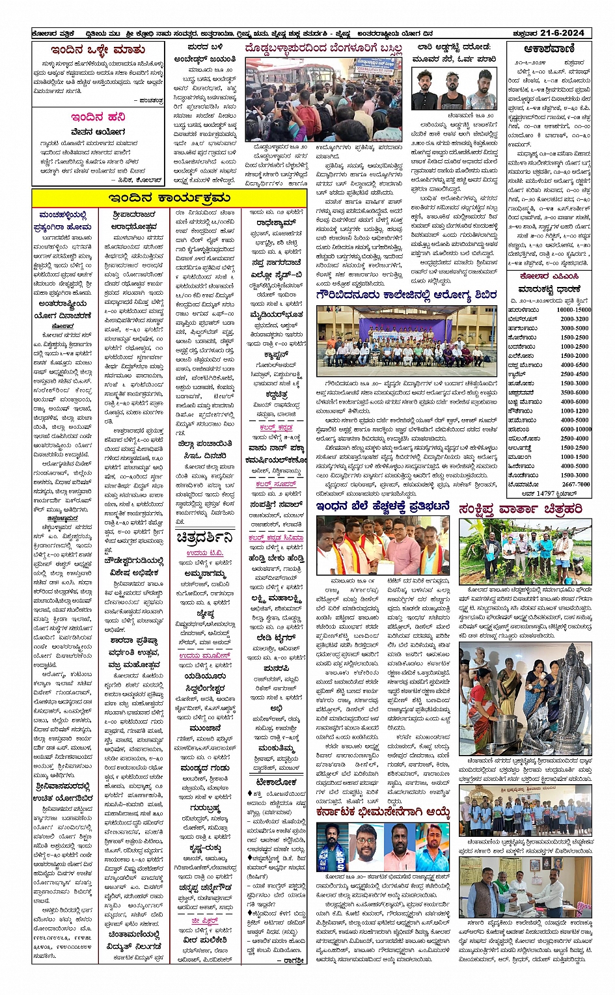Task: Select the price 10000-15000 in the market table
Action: (573, 310)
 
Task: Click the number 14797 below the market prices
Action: (547, 494)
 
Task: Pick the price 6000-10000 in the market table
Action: (575, 429)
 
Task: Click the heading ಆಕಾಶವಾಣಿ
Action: (549, 49)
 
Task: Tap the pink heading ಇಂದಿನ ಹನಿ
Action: (98, 117)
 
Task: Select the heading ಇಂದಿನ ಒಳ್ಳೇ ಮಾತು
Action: (98, 50)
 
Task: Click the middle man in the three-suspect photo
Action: (454, 91)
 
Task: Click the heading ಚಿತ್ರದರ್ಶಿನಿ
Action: (204, 538)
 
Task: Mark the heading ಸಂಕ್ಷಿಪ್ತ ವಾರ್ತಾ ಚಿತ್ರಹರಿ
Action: (521, 508)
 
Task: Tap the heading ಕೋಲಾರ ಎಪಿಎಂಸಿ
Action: (549, 276)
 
